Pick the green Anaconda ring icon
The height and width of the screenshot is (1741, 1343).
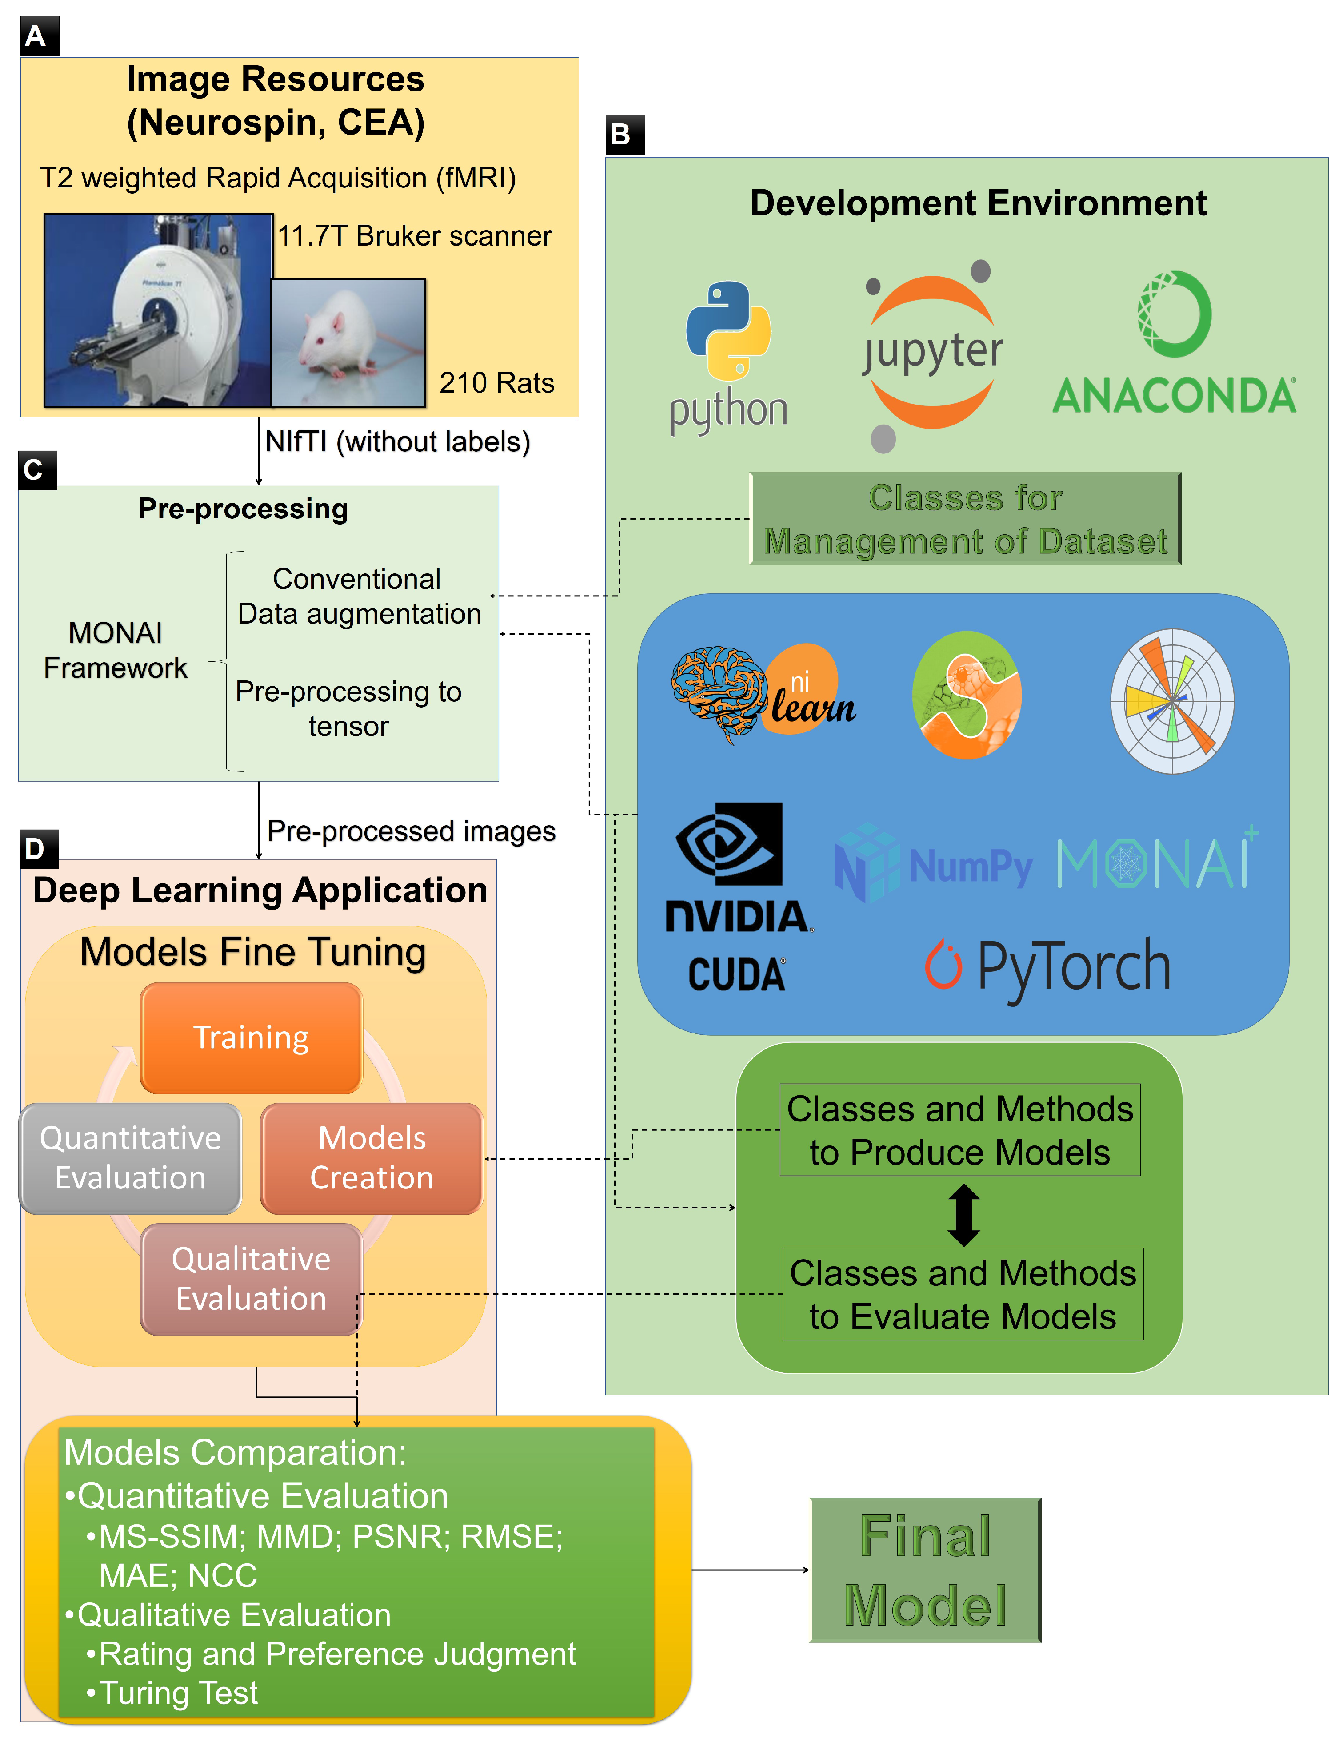[x=1174, y=313]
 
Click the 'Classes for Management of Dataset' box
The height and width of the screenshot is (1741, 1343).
[x=964, y=519]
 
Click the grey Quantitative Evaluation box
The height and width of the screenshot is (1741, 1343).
[x=130, y=1157]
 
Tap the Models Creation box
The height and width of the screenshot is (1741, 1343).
[x=372, y=1157]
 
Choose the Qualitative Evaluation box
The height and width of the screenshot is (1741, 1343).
[x=251, y=1279]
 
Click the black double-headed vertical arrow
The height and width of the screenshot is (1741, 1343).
[x=963, y=1215]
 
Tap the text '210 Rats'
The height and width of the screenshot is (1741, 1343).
[x=496, y=383]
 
